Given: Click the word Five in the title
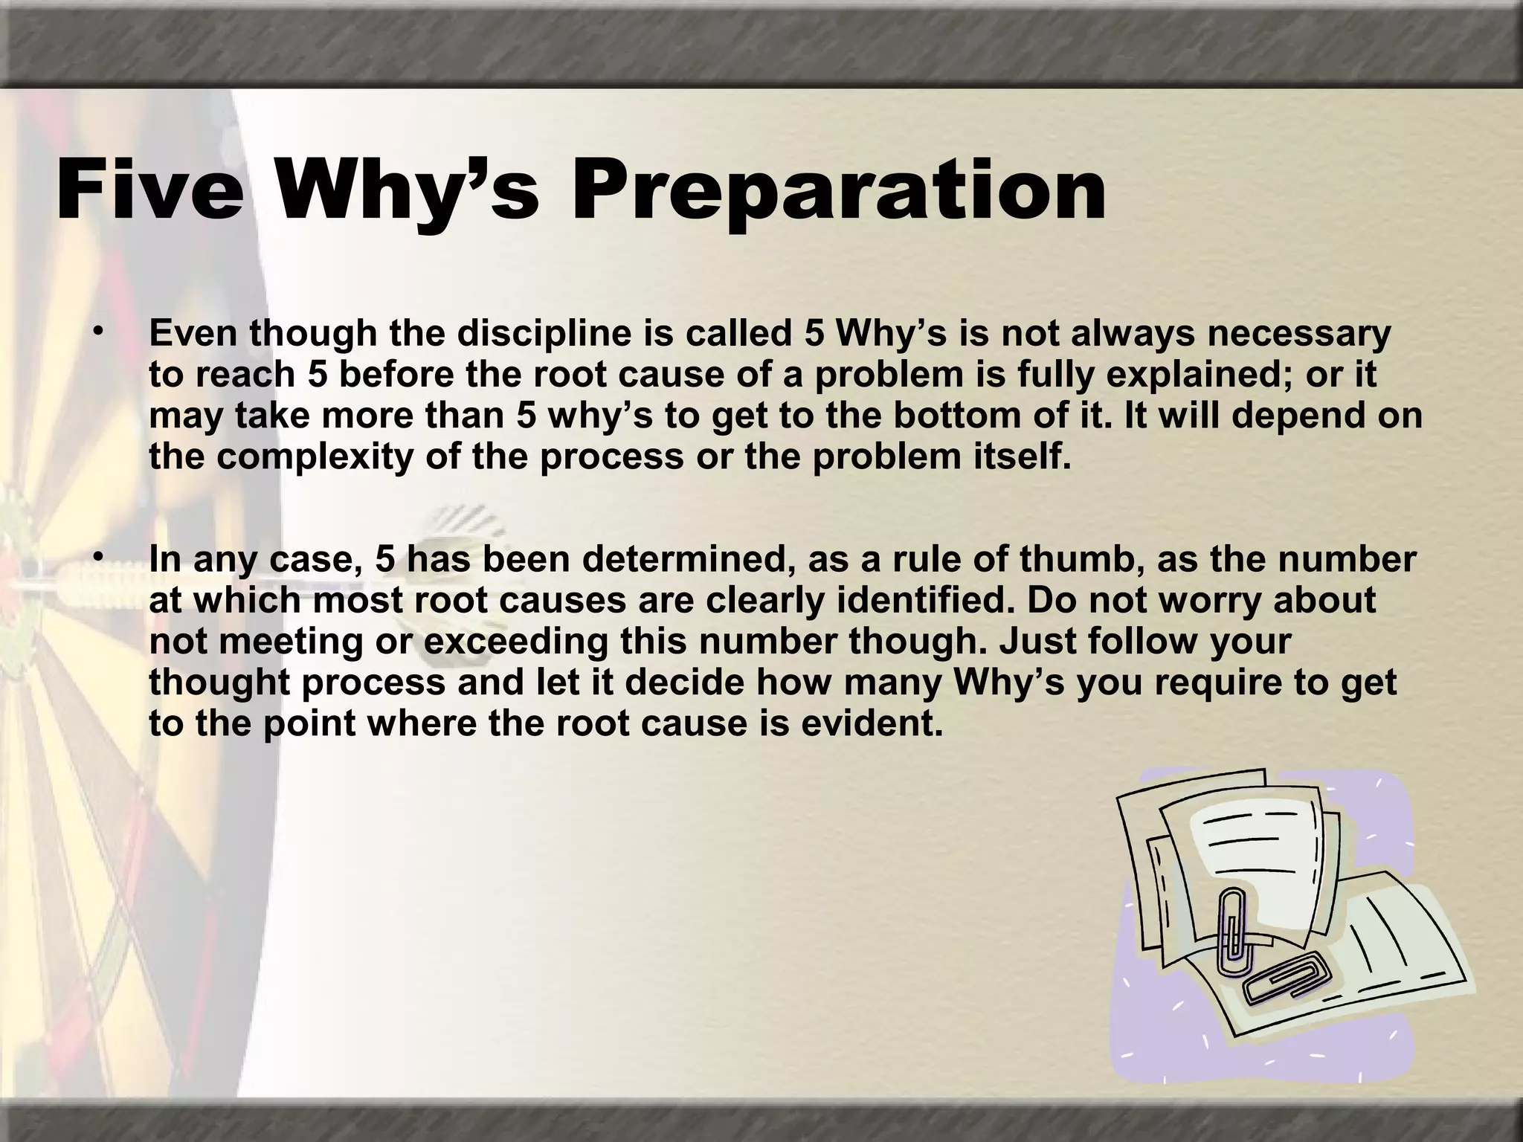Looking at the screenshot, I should [149, 190].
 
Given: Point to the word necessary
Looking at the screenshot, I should [1298, 335].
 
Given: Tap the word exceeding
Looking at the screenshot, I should [516, 641].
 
